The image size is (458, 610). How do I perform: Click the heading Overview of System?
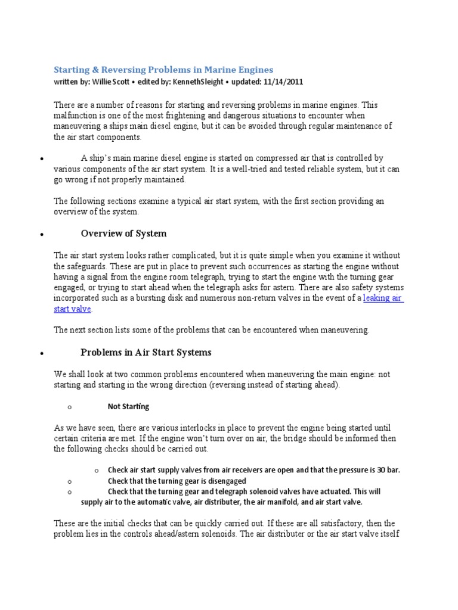click(x=123, y=234)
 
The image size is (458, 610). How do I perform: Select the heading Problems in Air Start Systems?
click(x=146, y=352)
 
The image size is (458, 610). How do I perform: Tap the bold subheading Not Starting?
click(x=128, y=407)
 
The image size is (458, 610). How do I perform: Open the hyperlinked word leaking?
click(x=376, y=298)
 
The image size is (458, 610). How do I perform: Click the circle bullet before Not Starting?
click(x=70, y=407)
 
